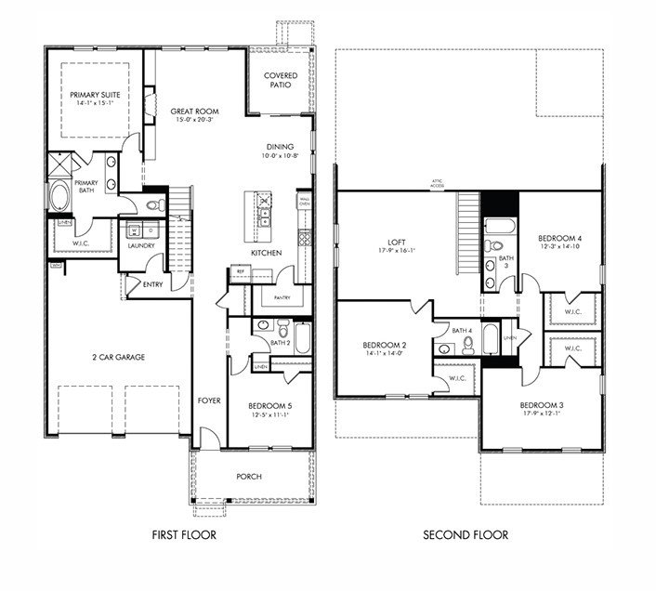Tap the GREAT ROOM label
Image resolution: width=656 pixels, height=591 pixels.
tap(195, 111)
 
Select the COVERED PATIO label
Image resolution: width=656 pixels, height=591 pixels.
tap(280, 79)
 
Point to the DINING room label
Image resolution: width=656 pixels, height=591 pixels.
tap(280, 147)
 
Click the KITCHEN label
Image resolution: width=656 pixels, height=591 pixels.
tap(267, 253)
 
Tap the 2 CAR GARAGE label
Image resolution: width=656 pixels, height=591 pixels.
tap(118, 357)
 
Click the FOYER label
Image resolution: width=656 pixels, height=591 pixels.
tap(209, 401)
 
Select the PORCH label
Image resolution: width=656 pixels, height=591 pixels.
tap(249, 477)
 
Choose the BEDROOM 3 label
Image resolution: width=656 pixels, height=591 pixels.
tap(541, 404)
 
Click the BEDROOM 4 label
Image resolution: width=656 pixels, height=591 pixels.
tap(561, 239)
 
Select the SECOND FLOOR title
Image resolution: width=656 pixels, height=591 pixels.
tap(466, 535)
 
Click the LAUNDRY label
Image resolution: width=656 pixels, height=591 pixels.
tap(141, 246)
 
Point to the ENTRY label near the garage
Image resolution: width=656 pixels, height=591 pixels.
tap(153, 284)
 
